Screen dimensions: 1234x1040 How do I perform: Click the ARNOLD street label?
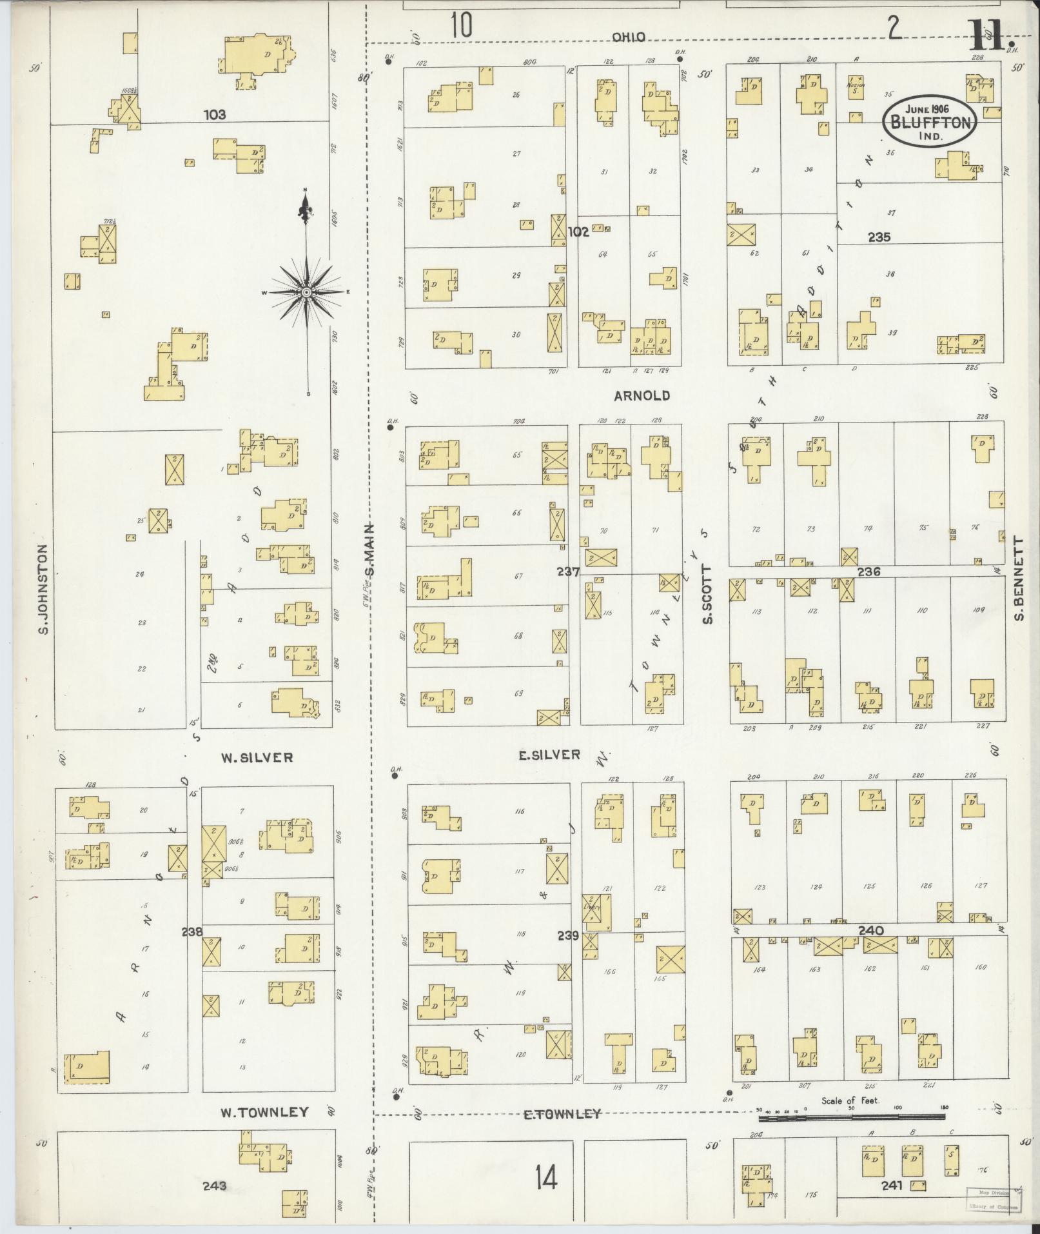[642, 395]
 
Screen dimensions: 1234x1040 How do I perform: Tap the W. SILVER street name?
[257, 757]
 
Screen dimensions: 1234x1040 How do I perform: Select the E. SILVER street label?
[549, 754]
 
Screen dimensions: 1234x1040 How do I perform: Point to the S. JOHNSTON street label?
[44, 588]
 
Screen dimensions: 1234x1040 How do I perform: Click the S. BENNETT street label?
[1019, 579]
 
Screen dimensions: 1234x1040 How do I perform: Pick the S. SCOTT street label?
[707, 595]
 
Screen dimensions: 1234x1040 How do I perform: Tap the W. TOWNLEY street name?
[264, 1112]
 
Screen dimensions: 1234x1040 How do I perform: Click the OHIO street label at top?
[628, 37]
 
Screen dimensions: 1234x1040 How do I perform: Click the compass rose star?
[306, 293]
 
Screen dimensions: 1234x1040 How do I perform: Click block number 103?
[214, 115]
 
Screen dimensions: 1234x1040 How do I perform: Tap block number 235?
[879, 237]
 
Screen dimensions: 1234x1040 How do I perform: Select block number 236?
[868, 571]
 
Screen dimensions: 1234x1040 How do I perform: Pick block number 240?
[870, 930]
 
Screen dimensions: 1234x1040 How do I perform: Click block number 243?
[214, 1185]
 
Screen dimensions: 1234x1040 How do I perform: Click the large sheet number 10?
[461, 26]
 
